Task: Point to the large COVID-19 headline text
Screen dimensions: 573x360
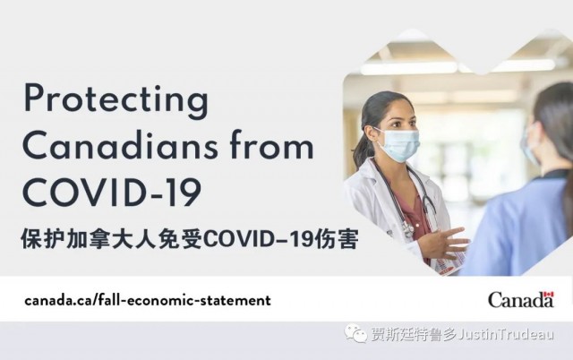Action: [112, 193]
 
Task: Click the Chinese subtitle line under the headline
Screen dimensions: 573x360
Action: [189, 239]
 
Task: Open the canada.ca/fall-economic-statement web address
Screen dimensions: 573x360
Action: [148, 300]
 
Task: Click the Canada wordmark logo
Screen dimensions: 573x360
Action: [521, 300]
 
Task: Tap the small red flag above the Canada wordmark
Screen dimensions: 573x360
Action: [549, 295]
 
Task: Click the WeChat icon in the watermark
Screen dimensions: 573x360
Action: [355, 333]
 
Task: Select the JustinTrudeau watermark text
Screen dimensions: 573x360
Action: [506, 334]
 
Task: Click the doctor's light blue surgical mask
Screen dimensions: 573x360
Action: [398, 145]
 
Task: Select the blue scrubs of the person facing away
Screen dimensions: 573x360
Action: [519, 227]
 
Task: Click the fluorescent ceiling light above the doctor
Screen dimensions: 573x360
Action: [408, 68]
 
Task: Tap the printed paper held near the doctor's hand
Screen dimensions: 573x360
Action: [448, 264]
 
